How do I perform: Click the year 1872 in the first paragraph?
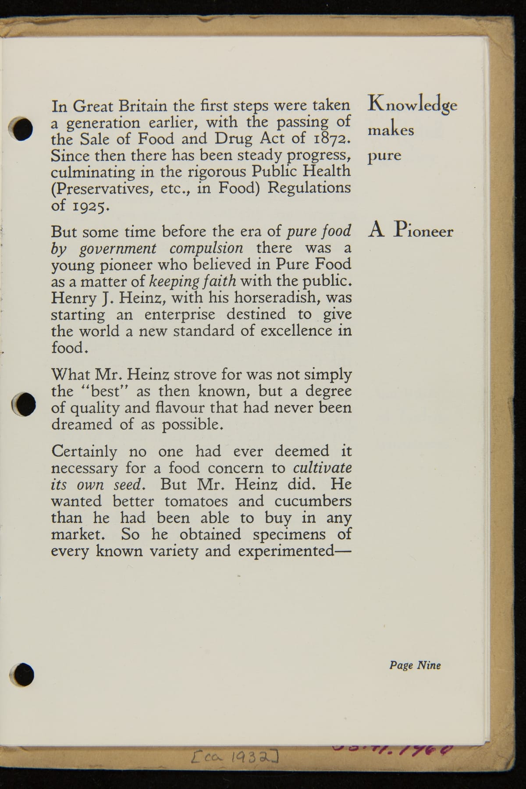tap(333, 139)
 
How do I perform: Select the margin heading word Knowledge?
tap(412, 105)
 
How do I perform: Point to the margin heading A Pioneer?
tap(411, 230)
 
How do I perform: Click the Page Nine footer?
tap(415, 665)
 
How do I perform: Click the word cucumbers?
tap(313, 501)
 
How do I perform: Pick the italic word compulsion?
tap(206, 249)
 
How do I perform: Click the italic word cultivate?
tap(322, 468)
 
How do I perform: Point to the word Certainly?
tap(84, 451)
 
